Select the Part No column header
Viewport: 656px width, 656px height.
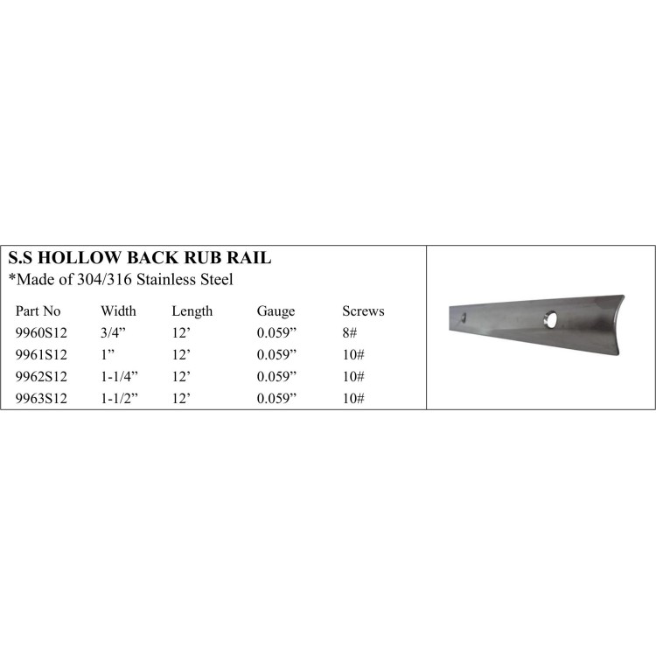pos(38,311)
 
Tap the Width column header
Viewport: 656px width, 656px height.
pos(118,311)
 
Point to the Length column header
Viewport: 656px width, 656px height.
pos(192,311)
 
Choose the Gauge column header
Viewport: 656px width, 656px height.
pos(276,311)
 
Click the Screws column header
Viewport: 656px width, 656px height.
pos(363,311)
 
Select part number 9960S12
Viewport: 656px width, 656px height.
pos(41,332)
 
